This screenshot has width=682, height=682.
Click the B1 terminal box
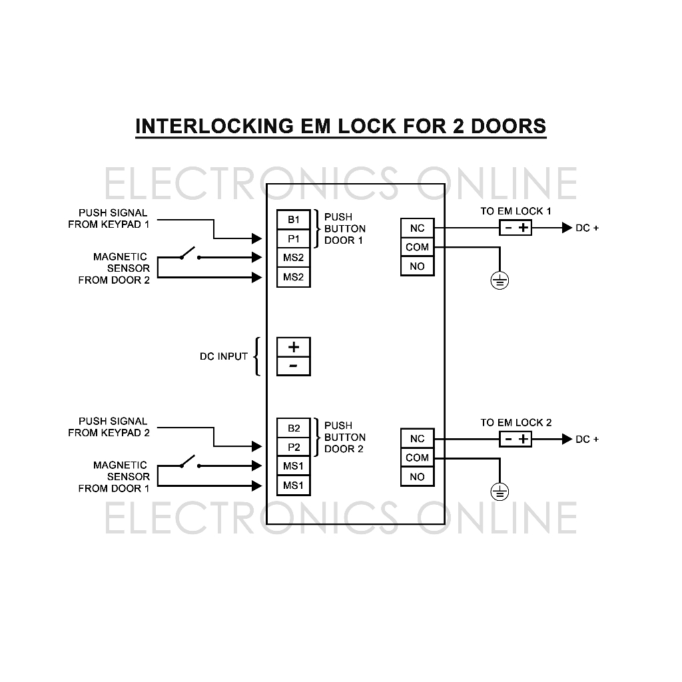294,219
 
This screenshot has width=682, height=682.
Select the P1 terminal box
294,238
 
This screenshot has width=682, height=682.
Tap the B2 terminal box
294,428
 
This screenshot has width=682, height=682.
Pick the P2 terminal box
294,447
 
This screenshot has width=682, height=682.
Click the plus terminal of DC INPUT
294,347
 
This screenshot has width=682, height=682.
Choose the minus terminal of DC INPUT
294,366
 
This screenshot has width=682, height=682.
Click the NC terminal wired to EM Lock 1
417,228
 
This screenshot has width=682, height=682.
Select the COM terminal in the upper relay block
417,247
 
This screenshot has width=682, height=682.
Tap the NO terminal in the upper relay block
417,266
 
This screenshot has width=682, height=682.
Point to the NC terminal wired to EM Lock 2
417,438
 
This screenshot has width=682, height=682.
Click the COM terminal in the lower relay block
417,458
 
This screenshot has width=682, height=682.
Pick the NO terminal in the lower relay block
417,477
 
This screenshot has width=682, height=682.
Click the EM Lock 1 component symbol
515,228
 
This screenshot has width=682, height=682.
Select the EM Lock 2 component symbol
515,439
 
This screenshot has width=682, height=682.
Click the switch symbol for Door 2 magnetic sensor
189,254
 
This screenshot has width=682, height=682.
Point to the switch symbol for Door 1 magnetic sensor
189,463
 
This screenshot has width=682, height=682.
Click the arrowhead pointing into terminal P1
258,238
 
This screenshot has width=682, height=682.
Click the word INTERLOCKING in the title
216,126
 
